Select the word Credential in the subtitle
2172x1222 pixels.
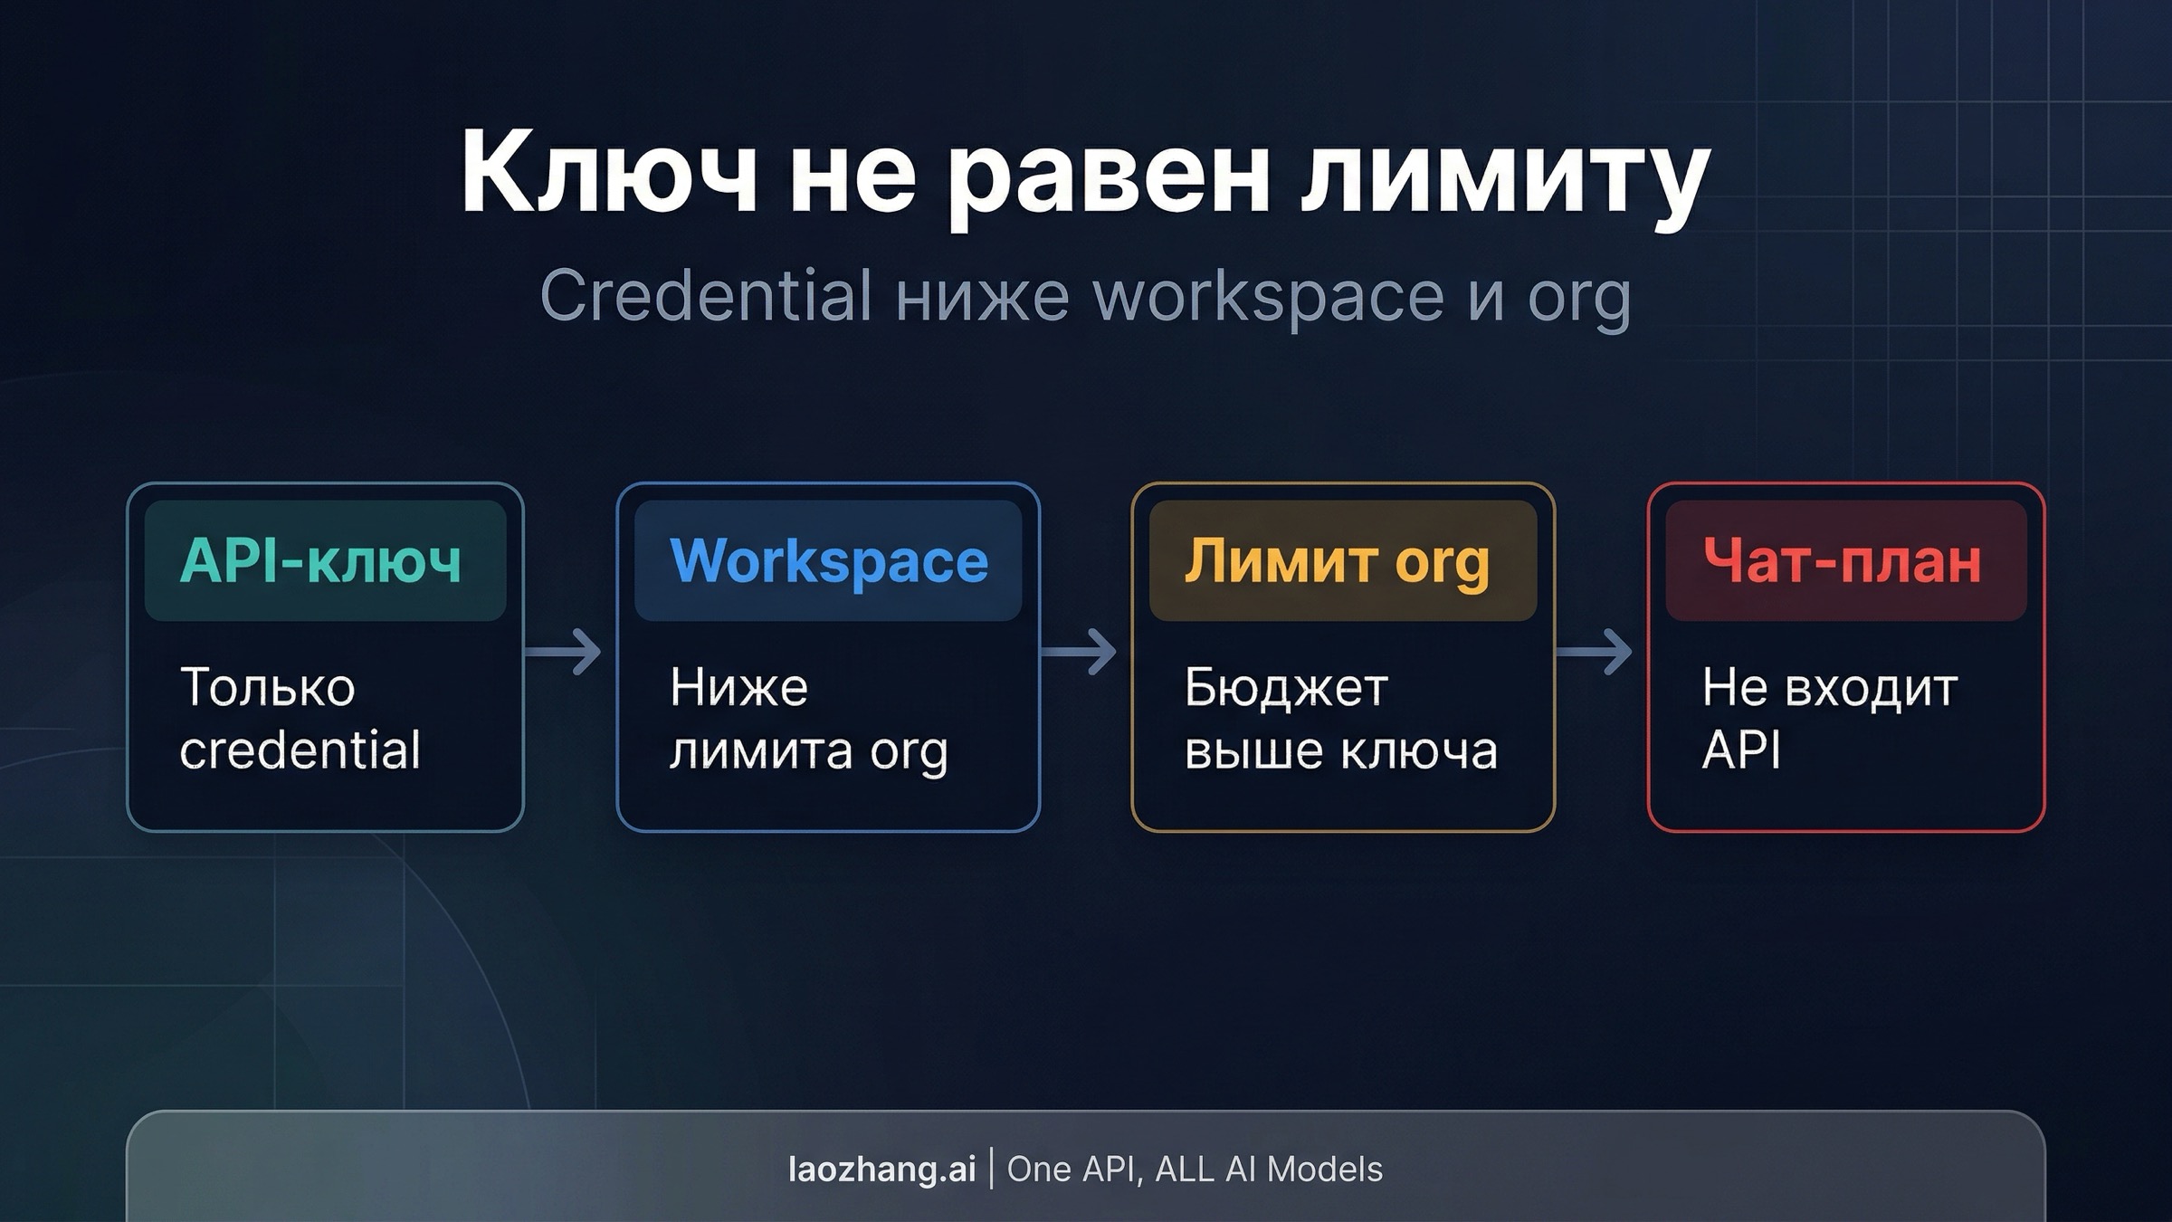706,296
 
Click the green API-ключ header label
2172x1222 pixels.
321,561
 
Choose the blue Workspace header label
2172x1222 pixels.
829,561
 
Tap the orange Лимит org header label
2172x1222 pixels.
1338,561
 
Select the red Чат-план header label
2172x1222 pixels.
1843,561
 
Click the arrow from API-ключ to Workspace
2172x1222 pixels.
565,652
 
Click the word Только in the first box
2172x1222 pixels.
268,687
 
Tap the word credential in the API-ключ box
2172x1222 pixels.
300,750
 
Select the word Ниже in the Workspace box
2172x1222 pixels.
738,687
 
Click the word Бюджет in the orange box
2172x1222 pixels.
1286,687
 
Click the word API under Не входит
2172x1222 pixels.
1741,750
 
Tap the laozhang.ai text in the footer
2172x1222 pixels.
882,1169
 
